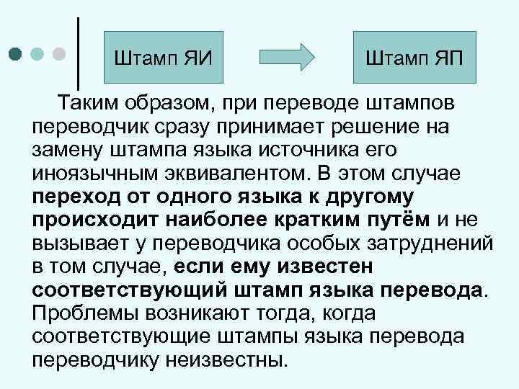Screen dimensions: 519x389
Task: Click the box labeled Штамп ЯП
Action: [414, 56]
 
